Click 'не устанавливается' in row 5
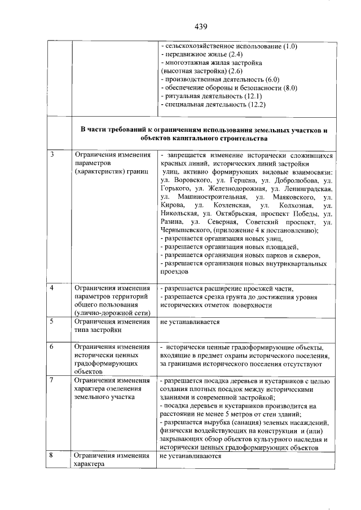click(190, 322)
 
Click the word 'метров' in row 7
click(233, 414)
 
